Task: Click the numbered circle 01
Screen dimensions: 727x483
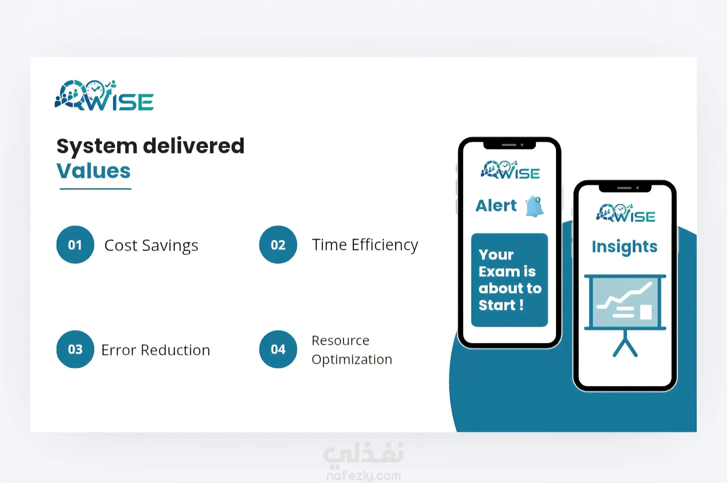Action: [x=75, y=245]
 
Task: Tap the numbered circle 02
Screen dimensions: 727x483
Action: [x=278, y=245]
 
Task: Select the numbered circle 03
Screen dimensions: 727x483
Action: [x=75, y=349]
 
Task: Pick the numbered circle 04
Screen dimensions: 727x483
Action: [x=278, y=349]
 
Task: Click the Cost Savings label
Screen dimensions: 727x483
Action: [x=151, y=245]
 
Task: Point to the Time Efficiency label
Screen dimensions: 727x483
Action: [x=365, y=245]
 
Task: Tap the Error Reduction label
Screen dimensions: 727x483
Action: [x=156, y=350]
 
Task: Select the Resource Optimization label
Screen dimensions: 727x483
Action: [x=352, y=350]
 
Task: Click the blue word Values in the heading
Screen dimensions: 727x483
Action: [x=94, y=171]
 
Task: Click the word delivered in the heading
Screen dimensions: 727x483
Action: [x=193, y=146]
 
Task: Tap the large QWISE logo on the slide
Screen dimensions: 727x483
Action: [x=104, y=95]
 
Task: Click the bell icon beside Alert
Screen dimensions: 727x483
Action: [x=535, y=206]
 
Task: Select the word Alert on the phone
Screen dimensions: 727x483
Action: [x=496, y=206]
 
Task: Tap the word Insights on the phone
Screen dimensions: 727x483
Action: [x=624, y=247]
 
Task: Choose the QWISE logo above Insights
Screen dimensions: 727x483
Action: [x=626, y=213]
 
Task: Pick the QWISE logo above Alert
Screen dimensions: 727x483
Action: [x=510, y=170]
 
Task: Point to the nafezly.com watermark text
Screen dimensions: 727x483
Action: [x=363, y=475]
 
